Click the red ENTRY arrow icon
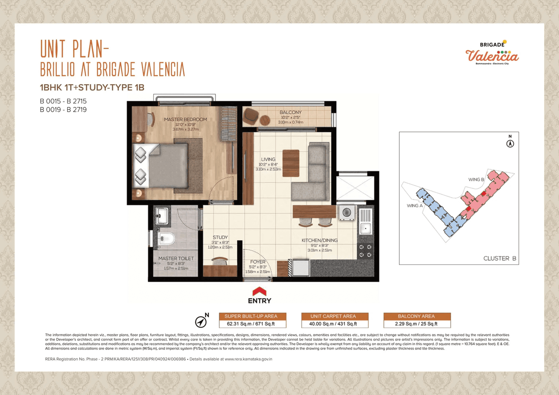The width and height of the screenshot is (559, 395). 260,291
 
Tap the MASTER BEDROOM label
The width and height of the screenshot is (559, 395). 186,119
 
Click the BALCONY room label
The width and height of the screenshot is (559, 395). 290,113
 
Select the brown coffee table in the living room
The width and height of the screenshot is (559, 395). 291,163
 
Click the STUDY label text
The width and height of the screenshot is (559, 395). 220,237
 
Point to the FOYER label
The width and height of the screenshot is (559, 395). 258,262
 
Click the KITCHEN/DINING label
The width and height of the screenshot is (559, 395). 320,240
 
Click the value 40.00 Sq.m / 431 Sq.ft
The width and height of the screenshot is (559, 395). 335,324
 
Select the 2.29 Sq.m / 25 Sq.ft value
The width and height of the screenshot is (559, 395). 417,324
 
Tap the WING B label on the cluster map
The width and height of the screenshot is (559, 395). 476,179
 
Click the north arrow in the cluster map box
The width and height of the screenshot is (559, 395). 509,143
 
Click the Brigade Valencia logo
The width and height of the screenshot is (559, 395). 492,53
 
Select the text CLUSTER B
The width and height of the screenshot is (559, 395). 500,258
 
